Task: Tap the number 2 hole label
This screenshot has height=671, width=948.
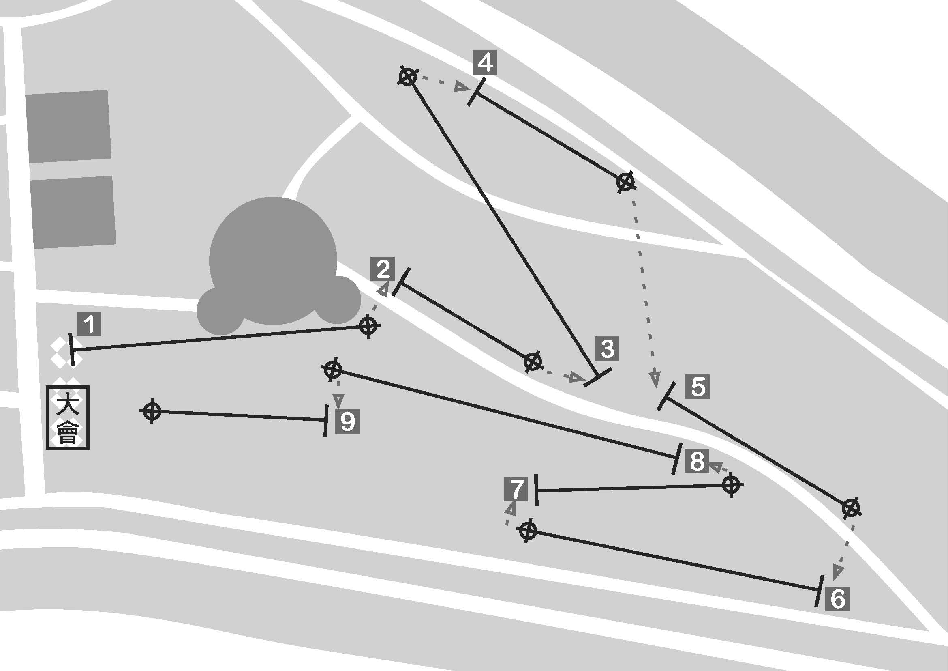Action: pyautogui.click(x=383, y=269)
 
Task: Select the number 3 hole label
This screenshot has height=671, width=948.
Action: pyautogui.click(x=607, y=348)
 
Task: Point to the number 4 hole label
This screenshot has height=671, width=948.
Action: pyautogui.click(x=485, y=63)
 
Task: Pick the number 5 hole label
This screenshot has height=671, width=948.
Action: pyautogui.click(x=698, y=387)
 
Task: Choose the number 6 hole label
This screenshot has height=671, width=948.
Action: pyautogui.click(x=837, y=598)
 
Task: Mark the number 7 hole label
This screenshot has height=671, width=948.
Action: pyautogui.click(x=516, y=489)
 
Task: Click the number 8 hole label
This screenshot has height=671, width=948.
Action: pyautogui.click(x=698, y=461)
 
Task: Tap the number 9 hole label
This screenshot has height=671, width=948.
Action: pyautogui.click(x=348, y=422)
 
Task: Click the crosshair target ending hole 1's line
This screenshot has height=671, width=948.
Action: pyautogui.click(x=368, y=326)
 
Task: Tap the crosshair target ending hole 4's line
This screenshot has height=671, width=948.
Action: pyautogui.click(x=625, y=182)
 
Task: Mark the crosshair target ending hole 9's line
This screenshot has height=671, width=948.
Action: pyautogui.click(x=152, y=411)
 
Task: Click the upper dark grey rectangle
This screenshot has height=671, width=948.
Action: pyautogui.click(x=68, y=126)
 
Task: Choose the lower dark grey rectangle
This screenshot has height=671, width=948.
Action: pyautogui.click(x=73, y=212)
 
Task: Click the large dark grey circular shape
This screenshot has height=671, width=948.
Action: pyautogui.click(x=273, y=265)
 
